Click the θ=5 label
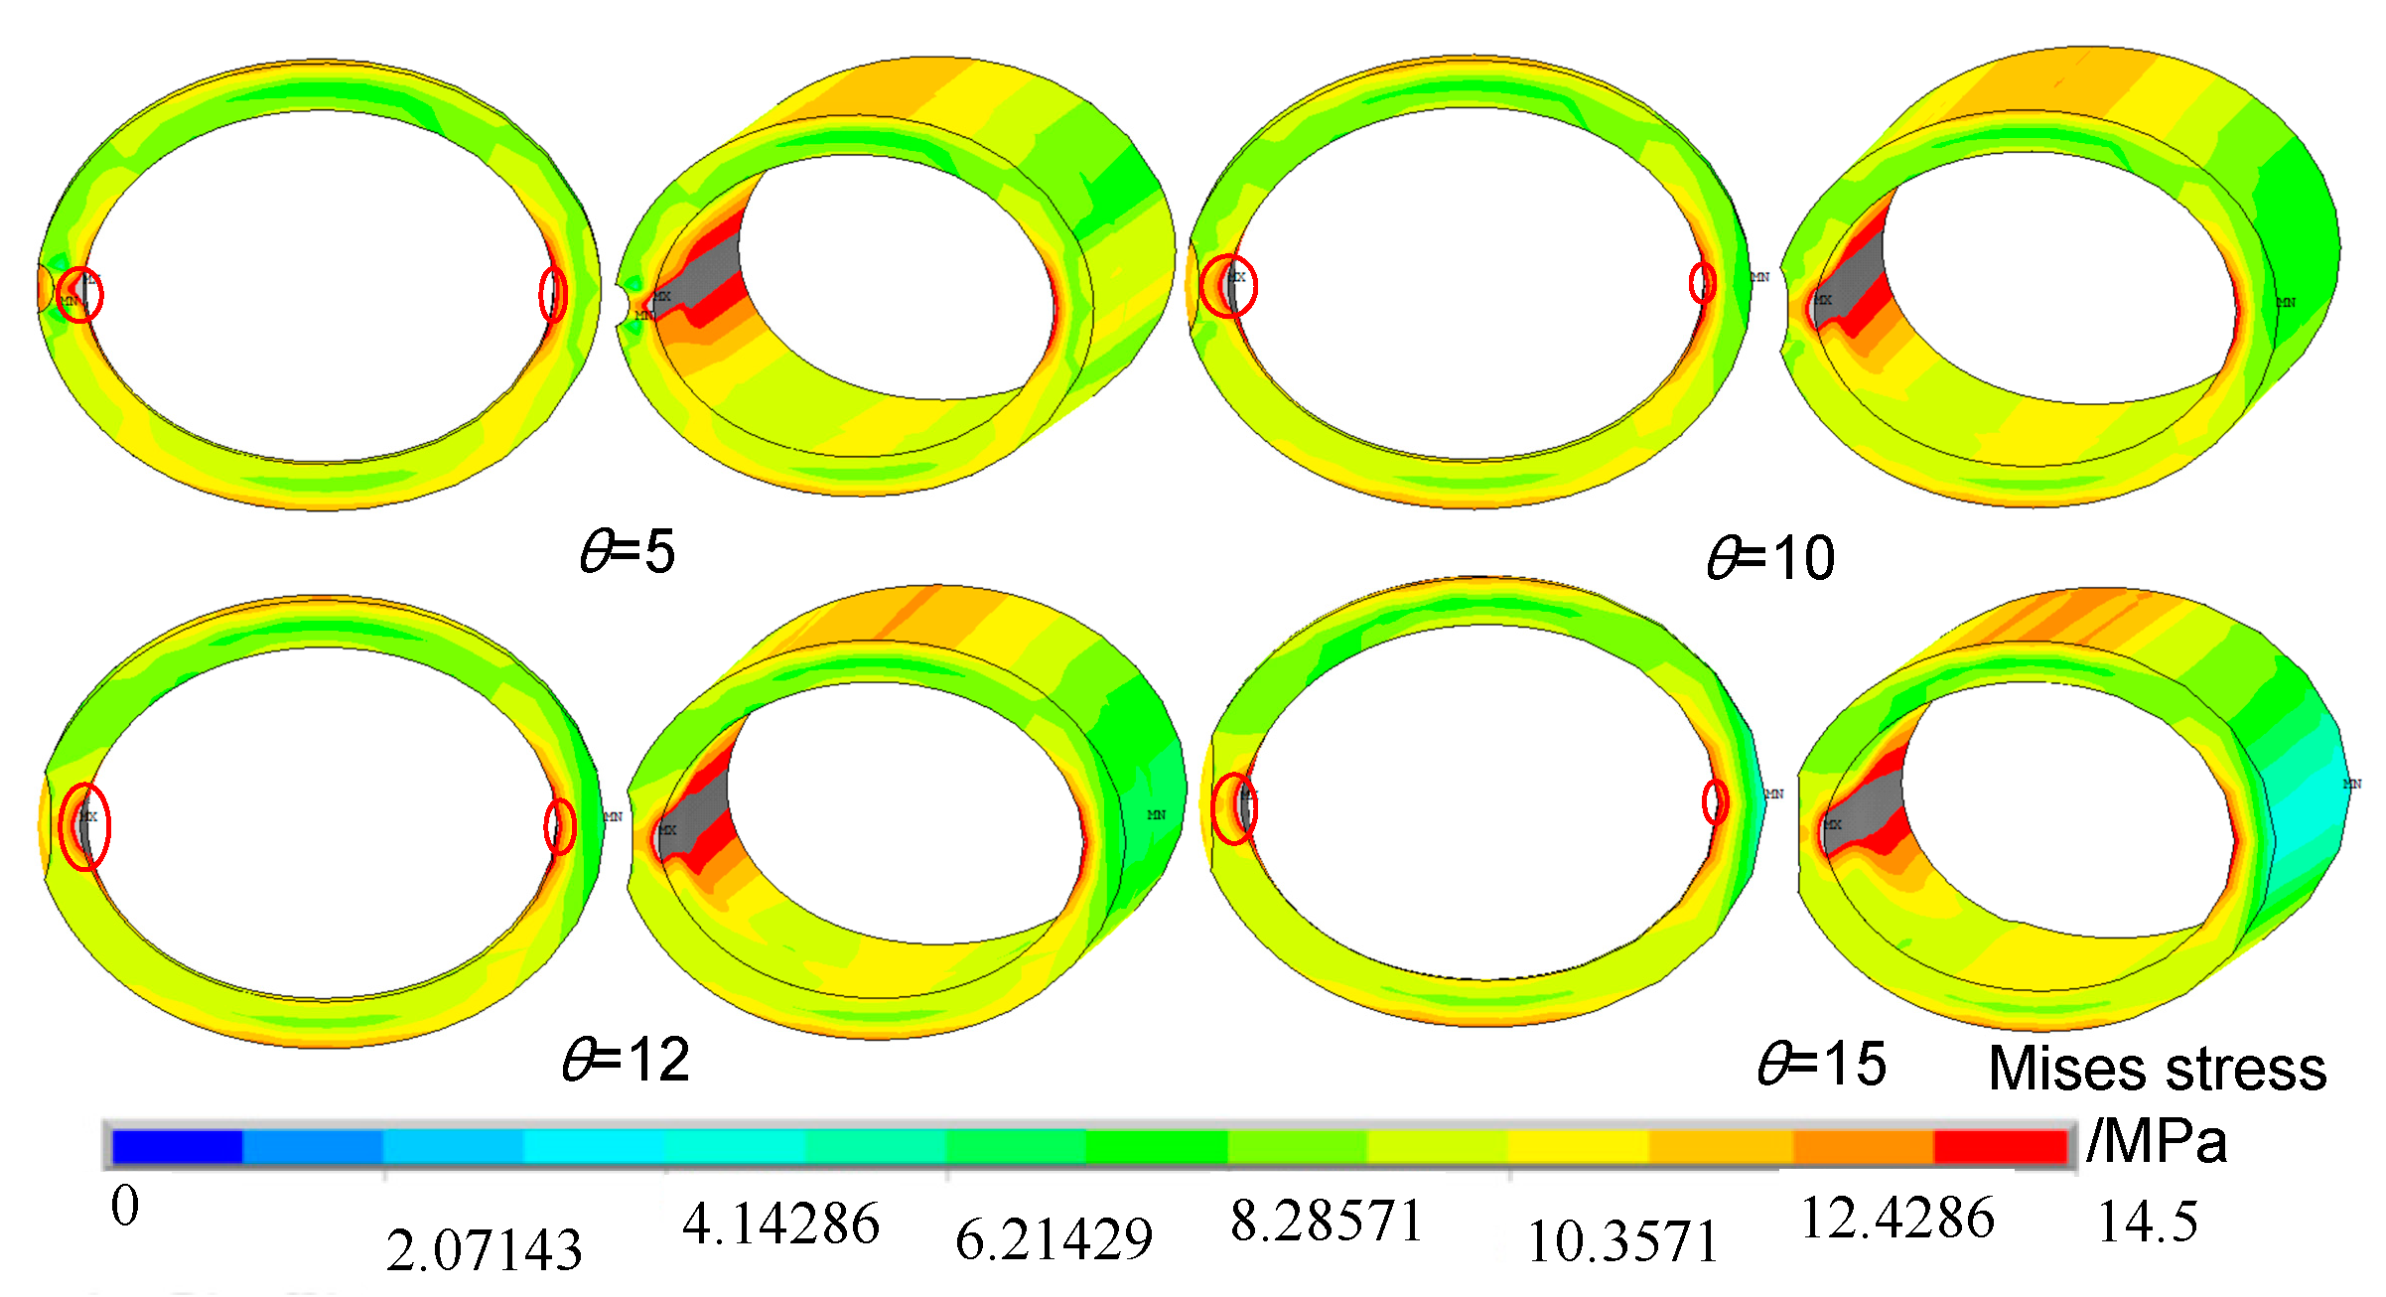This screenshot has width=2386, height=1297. coord(628,551)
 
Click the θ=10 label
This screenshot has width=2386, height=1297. coord(1771,558)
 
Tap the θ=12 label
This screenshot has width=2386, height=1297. coord(626,1060)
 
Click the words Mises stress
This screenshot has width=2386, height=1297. coord(2158,1069)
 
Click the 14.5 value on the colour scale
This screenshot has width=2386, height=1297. coord(2147,1221)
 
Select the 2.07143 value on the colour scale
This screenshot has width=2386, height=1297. coord(484,1249)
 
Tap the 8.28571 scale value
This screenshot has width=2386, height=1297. coord(1327,1221)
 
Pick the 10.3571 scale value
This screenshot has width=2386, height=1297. coord(1622,1241)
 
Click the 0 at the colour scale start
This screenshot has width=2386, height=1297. coord(125,1207)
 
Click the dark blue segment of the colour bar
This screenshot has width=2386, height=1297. coord(178,1146)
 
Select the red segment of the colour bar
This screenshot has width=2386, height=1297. coord(2000,1146)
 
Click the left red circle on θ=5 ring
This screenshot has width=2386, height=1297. coord(79,294)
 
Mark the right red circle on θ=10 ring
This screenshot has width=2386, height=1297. coord(1702,283)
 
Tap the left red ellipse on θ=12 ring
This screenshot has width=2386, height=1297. coord(84,826)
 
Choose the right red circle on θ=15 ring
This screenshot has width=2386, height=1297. coord(1715,801)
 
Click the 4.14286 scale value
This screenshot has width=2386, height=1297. coord(780,1224)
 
